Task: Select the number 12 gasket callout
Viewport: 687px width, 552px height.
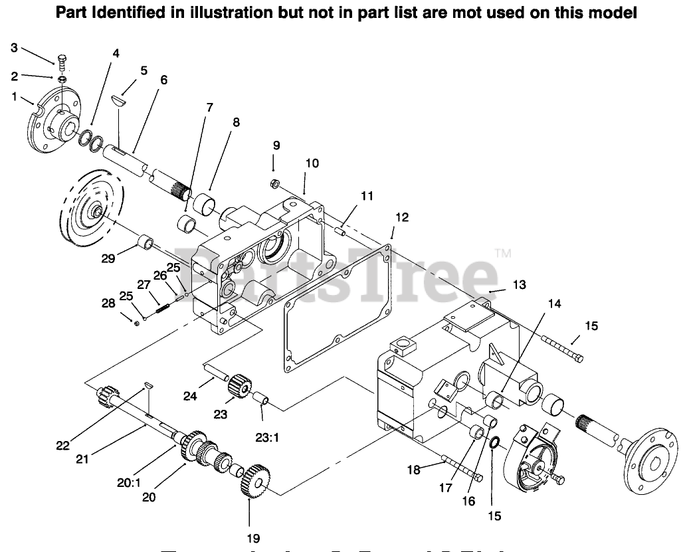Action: click(x=401, y=217)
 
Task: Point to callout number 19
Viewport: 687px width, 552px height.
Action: click(x=253, y=538)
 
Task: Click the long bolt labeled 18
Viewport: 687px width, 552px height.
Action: click(x=458, y=467)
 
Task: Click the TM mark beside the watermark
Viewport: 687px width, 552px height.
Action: click(x=502, y=252)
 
